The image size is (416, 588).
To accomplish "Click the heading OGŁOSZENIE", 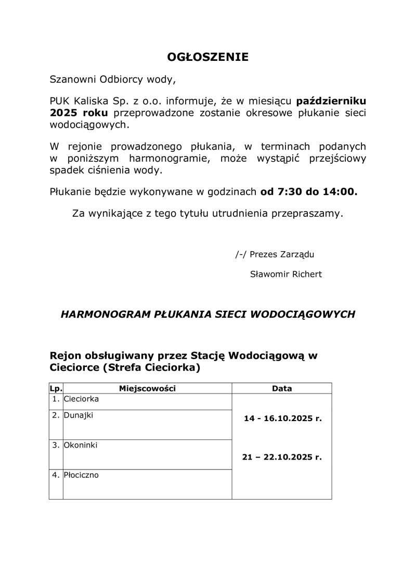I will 207,57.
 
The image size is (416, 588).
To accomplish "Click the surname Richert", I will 305,274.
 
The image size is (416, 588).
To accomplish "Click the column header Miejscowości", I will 147,388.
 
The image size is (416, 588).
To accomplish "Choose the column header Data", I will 282,388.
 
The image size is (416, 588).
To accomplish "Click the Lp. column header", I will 56,388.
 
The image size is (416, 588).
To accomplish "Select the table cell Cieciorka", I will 81,399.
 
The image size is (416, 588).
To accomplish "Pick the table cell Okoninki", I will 81,446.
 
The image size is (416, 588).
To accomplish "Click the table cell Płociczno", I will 81,475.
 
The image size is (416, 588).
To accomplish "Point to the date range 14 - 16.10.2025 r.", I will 282,418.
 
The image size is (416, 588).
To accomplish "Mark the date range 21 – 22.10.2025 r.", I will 282,458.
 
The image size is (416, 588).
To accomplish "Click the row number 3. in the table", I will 56,446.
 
